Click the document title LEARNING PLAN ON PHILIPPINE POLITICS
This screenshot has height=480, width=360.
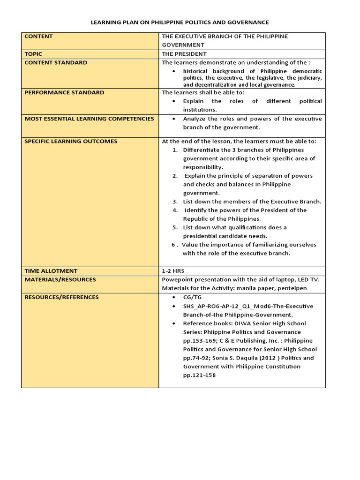180,22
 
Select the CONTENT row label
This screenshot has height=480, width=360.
38,37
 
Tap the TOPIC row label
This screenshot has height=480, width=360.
33,54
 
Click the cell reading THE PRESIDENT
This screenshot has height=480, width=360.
184,54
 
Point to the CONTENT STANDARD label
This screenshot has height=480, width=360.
56,62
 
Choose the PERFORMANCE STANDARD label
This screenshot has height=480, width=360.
64,92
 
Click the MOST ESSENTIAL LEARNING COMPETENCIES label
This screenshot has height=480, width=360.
89,119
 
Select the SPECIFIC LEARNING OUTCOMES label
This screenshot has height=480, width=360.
71,141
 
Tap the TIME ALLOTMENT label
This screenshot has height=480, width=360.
51,271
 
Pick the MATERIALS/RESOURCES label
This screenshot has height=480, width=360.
60,279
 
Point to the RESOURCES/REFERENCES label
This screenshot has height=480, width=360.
61,297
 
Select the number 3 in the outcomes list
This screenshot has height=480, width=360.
174,202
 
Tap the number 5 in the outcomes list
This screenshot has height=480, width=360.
174,227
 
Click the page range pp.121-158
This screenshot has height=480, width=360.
200,375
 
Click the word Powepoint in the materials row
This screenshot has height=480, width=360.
177,279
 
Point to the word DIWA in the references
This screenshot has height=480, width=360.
246,323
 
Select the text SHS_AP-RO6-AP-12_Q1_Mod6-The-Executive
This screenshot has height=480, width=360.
242,306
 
